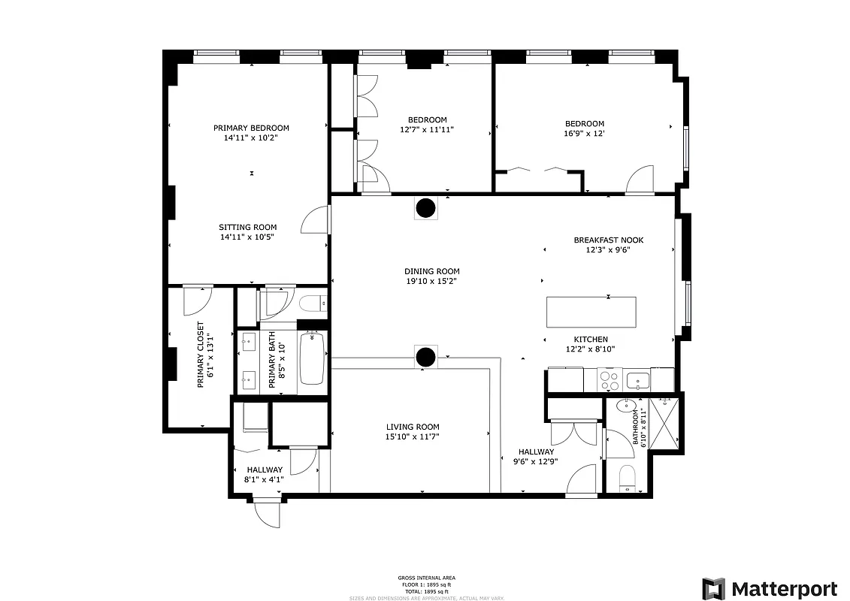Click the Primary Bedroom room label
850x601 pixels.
click(251, 128)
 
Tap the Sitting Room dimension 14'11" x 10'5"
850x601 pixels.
click(247, 237)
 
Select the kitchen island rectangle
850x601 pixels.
click(591, 311)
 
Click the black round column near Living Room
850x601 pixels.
click(426, 358)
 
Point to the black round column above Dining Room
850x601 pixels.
click(426, 207)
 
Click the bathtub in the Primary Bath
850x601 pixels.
click(312, 359)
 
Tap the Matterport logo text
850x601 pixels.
click(784, 588)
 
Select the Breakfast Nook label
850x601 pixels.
click(608, 240)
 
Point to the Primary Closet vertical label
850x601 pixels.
click(201, 355)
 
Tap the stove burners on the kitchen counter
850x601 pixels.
click(610, 380)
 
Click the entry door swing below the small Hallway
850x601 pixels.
click(266, 513)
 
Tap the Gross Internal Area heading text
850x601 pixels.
click(426, 578)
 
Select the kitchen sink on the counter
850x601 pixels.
click(638, 379)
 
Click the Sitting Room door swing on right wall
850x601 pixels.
click(314, 222)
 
